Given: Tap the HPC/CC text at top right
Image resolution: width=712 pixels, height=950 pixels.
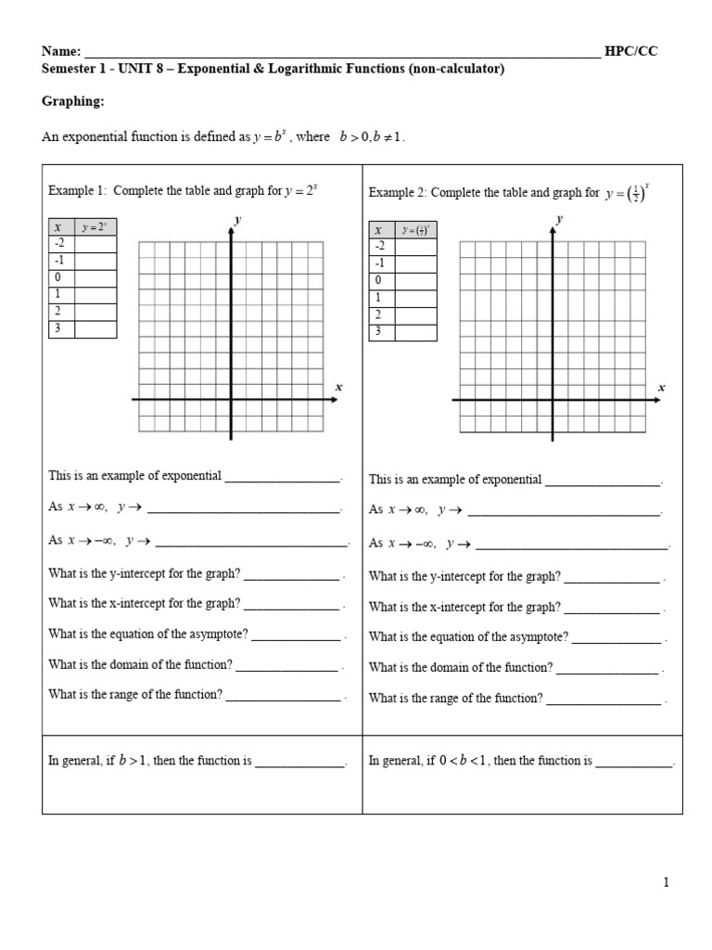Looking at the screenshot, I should (x=630, y=52).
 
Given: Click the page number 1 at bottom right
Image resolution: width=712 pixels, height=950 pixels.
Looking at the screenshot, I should (x=666, y=882).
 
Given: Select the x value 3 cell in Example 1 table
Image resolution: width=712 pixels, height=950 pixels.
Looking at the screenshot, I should (x=61, y=328).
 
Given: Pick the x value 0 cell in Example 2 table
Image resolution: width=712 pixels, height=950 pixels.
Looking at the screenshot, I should (x=382, y=280).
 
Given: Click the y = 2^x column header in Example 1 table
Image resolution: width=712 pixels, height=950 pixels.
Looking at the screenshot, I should (x=95, y=227).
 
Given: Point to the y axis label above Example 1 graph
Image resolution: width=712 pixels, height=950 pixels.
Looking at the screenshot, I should (x=238, y=220).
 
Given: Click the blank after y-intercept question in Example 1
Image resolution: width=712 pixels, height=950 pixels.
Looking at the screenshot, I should (x=291, y=576).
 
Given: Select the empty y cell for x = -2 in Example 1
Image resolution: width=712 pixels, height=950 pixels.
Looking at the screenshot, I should (x=95, y=244).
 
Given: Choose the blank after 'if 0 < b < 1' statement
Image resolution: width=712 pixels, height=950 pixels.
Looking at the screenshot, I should (x=633, y=762).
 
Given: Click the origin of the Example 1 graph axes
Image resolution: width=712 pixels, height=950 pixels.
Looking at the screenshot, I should (x=231, y=400).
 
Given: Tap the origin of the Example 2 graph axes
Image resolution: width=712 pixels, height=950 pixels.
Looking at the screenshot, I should (x=553, y=400).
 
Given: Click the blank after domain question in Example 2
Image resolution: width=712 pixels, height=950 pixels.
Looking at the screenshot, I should (x=607, y=668).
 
